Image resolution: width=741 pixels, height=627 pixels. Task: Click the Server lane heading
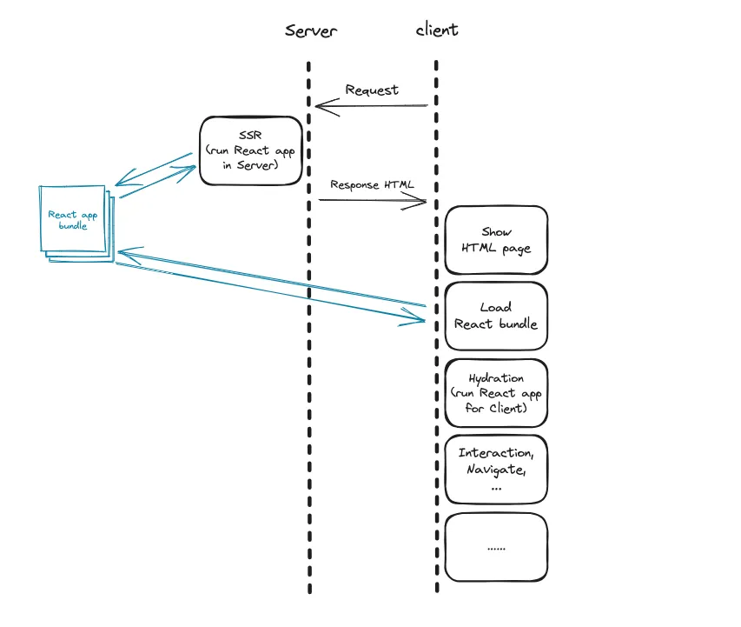310,30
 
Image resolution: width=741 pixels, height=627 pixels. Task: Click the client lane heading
437,30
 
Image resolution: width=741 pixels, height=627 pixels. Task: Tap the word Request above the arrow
372,90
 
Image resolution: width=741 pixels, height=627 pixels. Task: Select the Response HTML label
372,185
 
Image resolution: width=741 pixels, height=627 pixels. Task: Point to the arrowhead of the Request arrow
319,106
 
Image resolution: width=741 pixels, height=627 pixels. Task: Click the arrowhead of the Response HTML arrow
423,202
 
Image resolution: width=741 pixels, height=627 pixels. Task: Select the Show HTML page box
496,241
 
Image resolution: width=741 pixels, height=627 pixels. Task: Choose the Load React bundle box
496,316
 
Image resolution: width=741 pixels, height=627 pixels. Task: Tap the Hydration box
496,393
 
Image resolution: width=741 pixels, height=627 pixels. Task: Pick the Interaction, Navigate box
496,470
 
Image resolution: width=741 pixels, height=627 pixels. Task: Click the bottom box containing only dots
496,548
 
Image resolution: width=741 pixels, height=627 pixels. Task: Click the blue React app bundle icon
76,222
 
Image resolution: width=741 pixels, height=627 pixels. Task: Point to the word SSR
251,134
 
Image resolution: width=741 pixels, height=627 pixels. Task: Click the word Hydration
496,378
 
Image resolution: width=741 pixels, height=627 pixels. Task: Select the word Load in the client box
496,307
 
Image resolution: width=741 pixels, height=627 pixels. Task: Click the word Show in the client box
496,232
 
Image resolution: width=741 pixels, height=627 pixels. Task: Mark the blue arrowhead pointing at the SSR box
190,168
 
